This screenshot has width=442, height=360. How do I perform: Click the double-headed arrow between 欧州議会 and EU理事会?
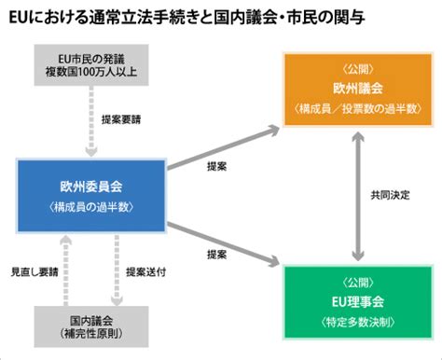click(357, 193)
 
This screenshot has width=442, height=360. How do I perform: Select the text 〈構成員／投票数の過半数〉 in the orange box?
click(358, 110)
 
